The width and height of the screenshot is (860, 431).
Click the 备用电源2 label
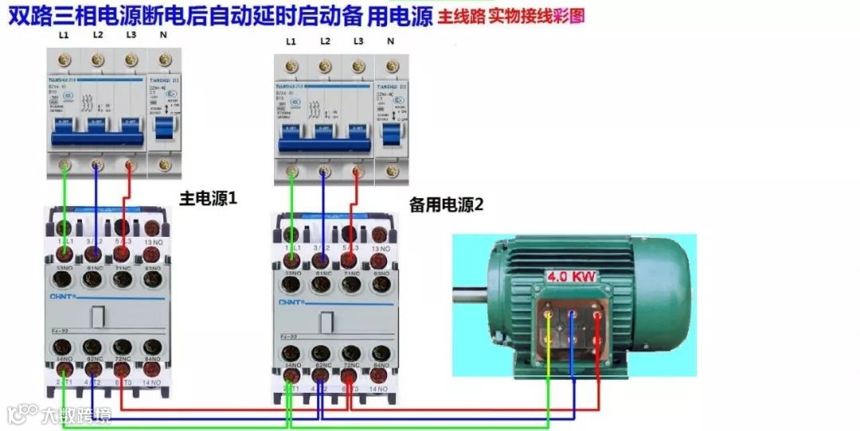(x=446, y=204)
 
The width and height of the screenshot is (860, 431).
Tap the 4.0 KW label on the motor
(x=571, y=277)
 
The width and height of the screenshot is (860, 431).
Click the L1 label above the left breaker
(x=64, y=36)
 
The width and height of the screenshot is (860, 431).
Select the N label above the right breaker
(x=390, y=41)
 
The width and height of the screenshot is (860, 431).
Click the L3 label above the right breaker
(x=358, y=41)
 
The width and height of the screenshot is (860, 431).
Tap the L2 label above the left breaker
(x=97, y=36)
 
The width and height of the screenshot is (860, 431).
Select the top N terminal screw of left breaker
(x=165, y=60)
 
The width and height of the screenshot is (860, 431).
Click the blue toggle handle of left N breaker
(x=163, y=127)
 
